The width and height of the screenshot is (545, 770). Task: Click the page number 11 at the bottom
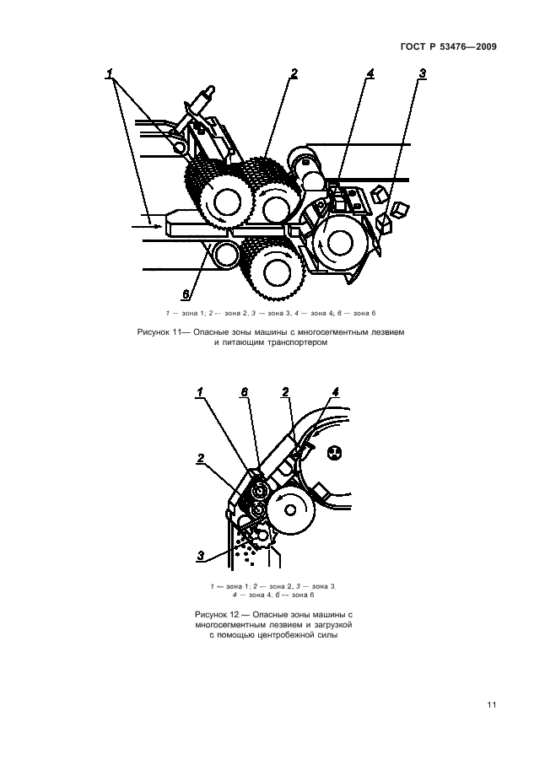click(490, 706)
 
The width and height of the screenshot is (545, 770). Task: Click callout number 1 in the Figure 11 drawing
click(111, 75)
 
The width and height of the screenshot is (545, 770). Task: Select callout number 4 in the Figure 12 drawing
click(335, 392)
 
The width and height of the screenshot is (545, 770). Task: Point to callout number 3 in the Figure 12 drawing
click(202, 555)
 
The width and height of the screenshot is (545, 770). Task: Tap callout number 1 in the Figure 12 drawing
click(201, 392)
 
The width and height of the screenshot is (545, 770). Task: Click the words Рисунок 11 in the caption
click(159, 333)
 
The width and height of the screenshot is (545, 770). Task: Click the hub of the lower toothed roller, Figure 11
click(271, 270)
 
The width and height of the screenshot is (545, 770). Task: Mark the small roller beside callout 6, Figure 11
click(223, 252)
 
